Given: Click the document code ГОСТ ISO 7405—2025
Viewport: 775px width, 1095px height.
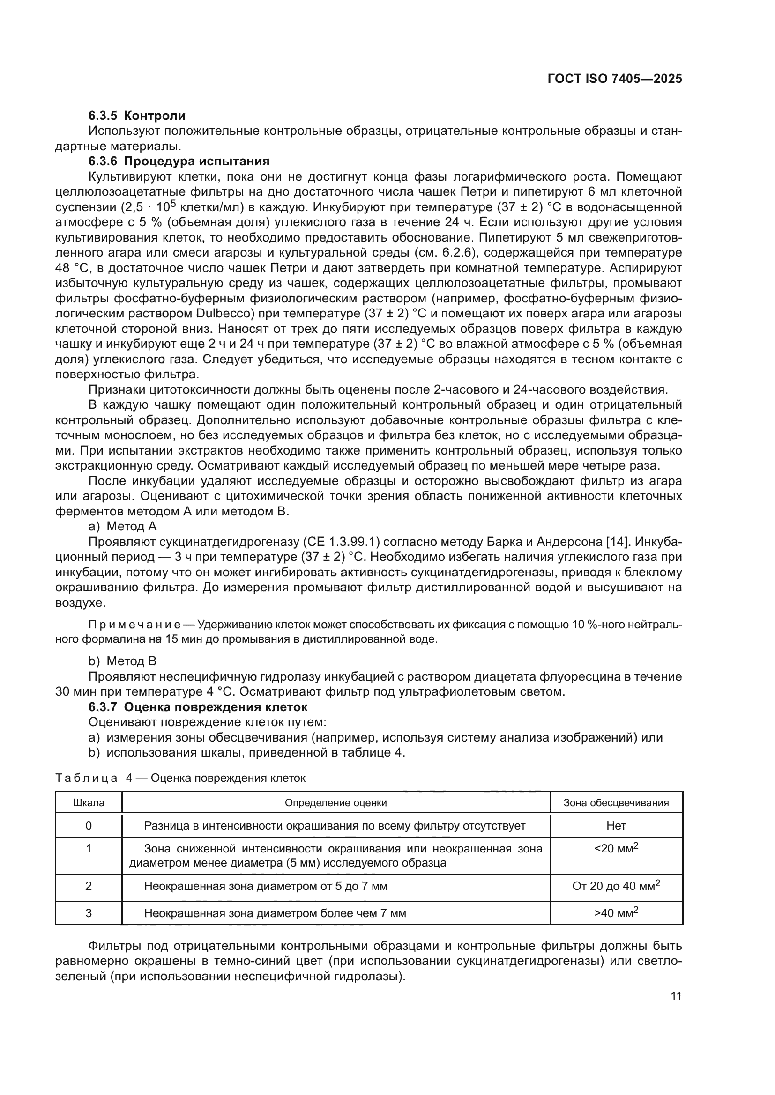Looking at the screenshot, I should click(x=615, y=79).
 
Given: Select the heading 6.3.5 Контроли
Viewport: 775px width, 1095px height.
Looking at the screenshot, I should click(x=137, y=116).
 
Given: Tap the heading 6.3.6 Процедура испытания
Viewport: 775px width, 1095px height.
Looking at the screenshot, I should click(x=179, y=161).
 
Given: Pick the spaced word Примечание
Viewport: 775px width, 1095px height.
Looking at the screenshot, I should click(x=134, y=625).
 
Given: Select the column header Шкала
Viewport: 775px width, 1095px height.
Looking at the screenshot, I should click(x=89, y=803).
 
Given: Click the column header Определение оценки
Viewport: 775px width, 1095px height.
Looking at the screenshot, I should click(x=335, y=803).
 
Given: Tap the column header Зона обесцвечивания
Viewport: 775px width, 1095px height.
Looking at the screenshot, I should click(x=616, y=803).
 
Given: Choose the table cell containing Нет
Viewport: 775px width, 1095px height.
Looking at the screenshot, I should click(x=616, y=825).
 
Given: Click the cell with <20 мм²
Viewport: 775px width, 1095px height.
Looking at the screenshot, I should click(x=616, y=849).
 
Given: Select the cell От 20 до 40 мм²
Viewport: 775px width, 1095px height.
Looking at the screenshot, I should click(x=616, y=886).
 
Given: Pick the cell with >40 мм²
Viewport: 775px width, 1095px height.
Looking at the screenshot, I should click(x=616, y=913).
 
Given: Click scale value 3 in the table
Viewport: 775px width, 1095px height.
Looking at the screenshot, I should click(x=89, y=913).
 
